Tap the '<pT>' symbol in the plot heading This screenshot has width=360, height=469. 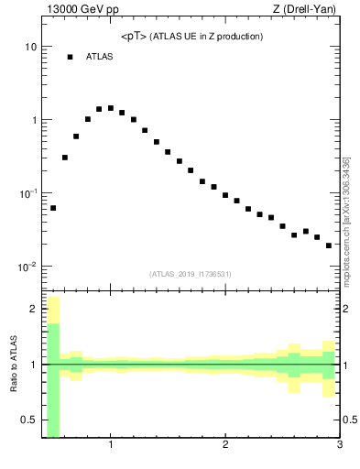tap(134, 37)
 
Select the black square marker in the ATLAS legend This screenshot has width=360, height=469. tap(70, 57)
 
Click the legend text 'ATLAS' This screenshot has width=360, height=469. tap(99, 57)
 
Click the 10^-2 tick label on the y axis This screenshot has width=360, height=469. tap(27, 267)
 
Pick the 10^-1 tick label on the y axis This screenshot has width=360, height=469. tap(27, 194)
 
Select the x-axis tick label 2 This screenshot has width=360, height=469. tap(225, 446)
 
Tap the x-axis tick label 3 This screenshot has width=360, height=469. tap(340, 446)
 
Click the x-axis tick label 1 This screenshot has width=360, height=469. tap(111, 446)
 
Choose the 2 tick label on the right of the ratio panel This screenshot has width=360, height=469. tap(348, 309)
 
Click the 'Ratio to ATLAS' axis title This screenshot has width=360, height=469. tap(14, 365)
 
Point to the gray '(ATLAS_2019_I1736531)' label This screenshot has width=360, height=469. tap(191, 274)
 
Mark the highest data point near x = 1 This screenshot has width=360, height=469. tap(111, 108)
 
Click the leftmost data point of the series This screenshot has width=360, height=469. tap(53, 208)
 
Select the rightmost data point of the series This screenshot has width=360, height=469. tap(329, 245)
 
